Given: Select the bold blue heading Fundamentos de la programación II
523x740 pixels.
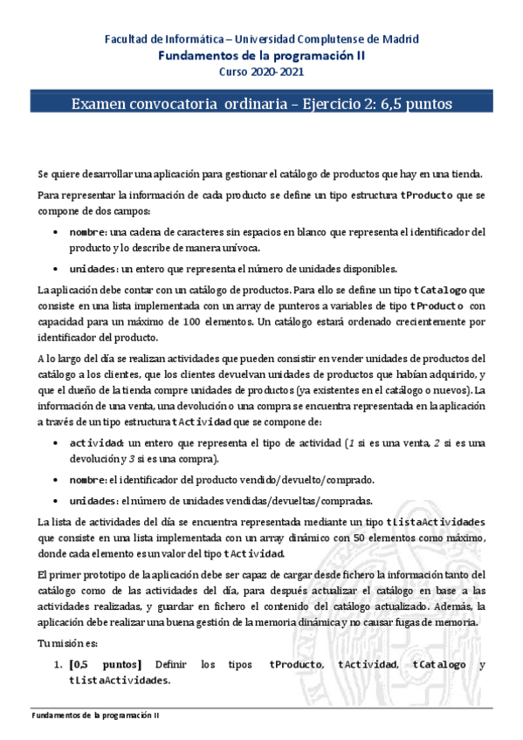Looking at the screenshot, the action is (x=261, y=54).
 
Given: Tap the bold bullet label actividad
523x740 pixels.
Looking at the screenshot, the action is (x=97, y=443).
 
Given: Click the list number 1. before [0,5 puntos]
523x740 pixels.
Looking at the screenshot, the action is (x=59, y=665).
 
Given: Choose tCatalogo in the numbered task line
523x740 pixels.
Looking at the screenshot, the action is (x=440, y=665).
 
